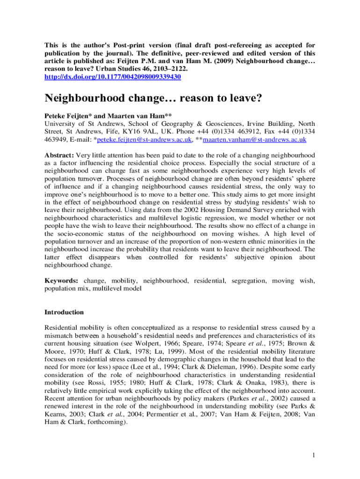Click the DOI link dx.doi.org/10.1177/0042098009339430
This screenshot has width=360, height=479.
[113, 77]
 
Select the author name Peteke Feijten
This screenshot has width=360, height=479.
[68, 115]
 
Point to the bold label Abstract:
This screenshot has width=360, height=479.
[59, 155]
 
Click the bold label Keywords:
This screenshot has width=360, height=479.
[62, 281]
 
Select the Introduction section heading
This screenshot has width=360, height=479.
[64, 312]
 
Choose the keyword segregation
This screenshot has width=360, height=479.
[248, 281]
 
